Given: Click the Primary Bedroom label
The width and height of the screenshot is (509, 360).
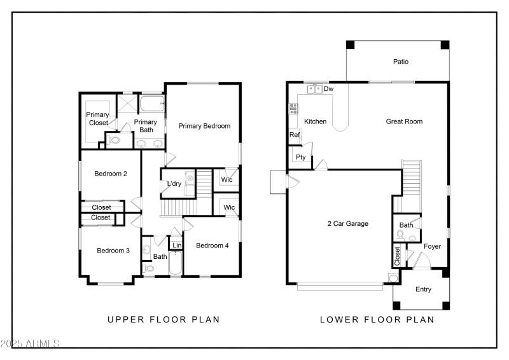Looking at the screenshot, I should [204, 126].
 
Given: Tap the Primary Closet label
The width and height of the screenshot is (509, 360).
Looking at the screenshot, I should [98, 119].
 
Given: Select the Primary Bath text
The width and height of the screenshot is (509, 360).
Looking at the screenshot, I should [146, 126].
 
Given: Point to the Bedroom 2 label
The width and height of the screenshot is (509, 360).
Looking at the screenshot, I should [111, 174].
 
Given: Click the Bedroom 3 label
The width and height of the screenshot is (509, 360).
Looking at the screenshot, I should [113, 251].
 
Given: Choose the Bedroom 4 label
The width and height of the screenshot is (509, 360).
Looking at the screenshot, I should [212, 246].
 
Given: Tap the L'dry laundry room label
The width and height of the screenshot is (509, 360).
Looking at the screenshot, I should [174, 184].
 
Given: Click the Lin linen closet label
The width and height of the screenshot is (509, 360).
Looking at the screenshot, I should [176, 246].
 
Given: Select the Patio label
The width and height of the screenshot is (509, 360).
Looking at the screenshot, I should [400, 62].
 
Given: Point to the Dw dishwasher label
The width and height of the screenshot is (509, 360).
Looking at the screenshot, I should [328, 89].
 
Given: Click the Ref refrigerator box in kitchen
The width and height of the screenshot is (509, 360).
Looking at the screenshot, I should [295, 135].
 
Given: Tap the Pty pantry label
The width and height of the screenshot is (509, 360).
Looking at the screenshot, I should [300, 157].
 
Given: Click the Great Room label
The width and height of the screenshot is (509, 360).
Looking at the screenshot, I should [404, 121].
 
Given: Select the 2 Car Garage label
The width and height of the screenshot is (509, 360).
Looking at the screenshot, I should [347, 223].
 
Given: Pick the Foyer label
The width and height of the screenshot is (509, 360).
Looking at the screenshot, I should [432, 246].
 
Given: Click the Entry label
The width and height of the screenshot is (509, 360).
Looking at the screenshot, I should [423, 289].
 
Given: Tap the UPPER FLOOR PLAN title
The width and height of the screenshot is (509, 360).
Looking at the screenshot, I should [164, 320].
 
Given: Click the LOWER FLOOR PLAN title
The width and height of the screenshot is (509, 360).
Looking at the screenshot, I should [377, 320].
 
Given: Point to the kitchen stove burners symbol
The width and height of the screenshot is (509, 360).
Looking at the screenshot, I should [293, 109].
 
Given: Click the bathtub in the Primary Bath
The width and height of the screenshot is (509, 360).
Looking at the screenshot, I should [152, 104].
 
